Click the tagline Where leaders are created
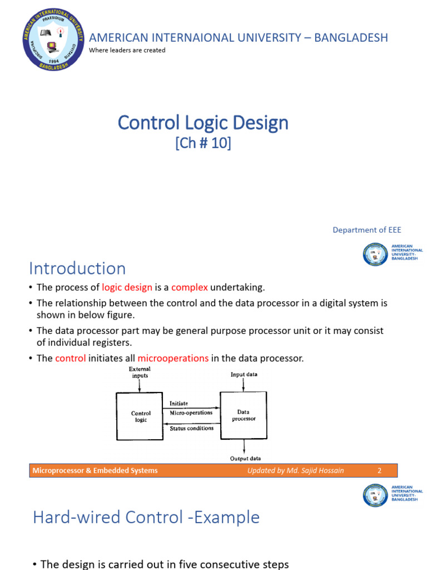127,50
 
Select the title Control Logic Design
203,122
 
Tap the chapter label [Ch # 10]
203,143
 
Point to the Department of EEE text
366,230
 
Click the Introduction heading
77,268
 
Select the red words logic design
127,287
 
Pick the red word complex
190,287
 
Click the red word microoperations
173,358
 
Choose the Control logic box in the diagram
141,416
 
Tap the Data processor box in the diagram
243,415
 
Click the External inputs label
140,372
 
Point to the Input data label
244,375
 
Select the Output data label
245,459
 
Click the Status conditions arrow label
191,428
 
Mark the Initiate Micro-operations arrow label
191,408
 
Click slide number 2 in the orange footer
379,470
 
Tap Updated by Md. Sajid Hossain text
296,470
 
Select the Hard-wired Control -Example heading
146,517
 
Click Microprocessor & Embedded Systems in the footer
95,470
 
